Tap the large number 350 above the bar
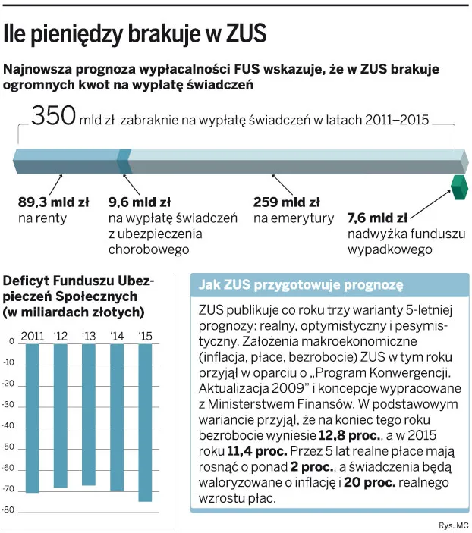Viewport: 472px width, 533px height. pyautogui.click(x=53, y=117)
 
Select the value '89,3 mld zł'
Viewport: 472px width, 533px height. pyautogui.click(x=53, y=202)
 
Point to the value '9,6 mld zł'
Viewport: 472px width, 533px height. pyautogui.click(x=139, y=202)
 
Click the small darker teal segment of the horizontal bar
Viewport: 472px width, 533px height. pyautogui.click(x=124, y=160)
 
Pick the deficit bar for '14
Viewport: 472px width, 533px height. pyautogui.click(x=117, y=417)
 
